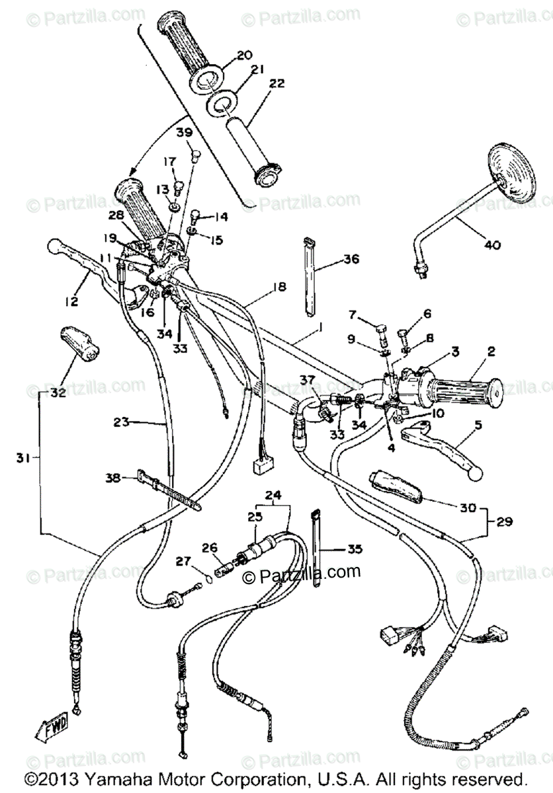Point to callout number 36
tap(351, 260)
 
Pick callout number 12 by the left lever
tap(71, 301)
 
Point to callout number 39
tap(184, 133)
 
